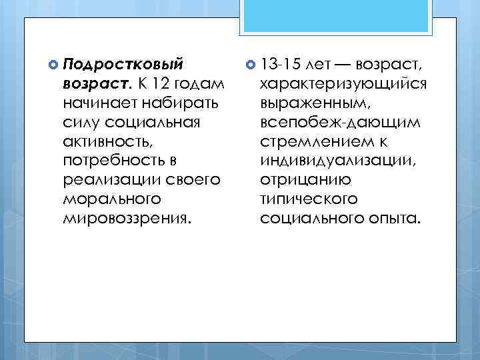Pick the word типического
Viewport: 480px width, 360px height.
[x=309, y=200]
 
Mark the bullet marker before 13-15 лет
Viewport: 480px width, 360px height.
[x=250, y=65]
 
